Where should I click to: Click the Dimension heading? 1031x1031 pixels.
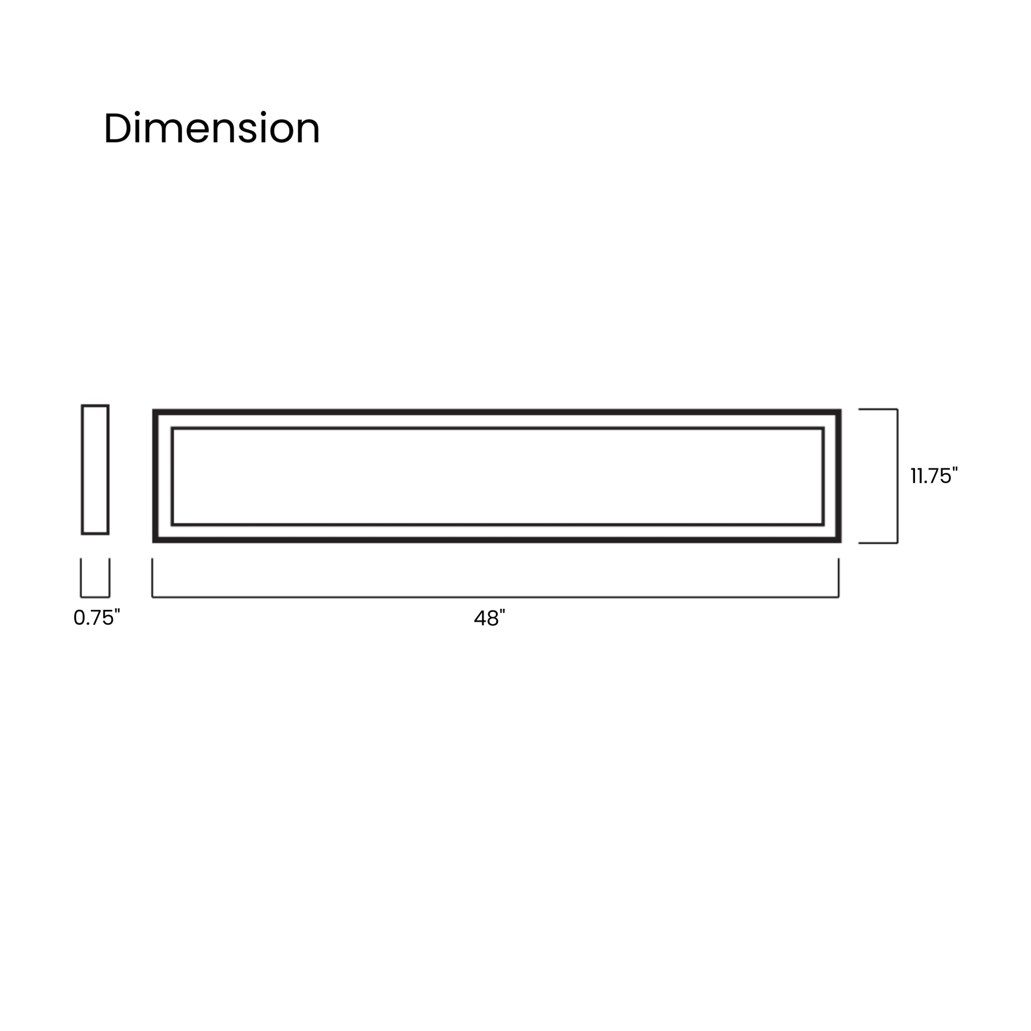point(211,129)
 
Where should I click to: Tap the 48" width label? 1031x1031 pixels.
point(489,618)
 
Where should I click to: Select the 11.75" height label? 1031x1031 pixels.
point(934,476)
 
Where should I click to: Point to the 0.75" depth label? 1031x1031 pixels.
point(96,617)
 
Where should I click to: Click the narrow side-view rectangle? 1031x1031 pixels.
point(95,469)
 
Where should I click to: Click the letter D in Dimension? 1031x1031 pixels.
point(117,129)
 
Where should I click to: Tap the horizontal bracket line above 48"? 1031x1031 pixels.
point(495,597)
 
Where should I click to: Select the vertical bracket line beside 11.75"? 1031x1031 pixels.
point(897,476)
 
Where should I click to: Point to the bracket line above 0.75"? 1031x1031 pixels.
point(95,597)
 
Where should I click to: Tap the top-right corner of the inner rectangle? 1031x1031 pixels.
point(822,429)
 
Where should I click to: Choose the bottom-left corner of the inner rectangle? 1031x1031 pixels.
point(172,524)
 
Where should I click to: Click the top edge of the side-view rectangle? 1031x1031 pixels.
point(95,406)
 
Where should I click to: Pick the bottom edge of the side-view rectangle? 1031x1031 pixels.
point(95,532)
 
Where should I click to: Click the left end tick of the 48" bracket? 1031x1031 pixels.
point(153,577)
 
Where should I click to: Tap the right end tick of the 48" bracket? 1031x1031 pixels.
point(838,577)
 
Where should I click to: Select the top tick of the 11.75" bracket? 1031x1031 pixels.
point(878,410)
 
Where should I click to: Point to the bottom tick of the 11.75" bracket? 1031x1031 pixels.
point(878,543)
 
